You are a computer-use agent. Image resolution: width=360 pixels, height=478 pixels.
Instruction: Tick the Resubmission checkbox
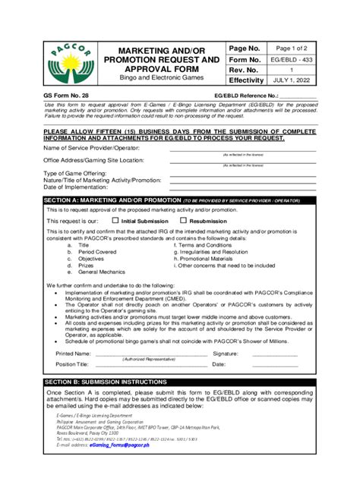coord(172,220)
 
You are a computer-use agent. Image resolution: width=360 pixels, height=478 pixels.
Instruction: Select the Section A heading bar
coord(179,200)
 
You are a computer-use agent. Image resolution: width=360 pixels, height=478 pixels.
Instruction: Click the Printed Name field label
coord(74,354)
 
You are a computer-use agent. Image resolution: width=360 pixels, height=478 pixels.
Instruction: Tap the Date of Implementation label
coord(81,187)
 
